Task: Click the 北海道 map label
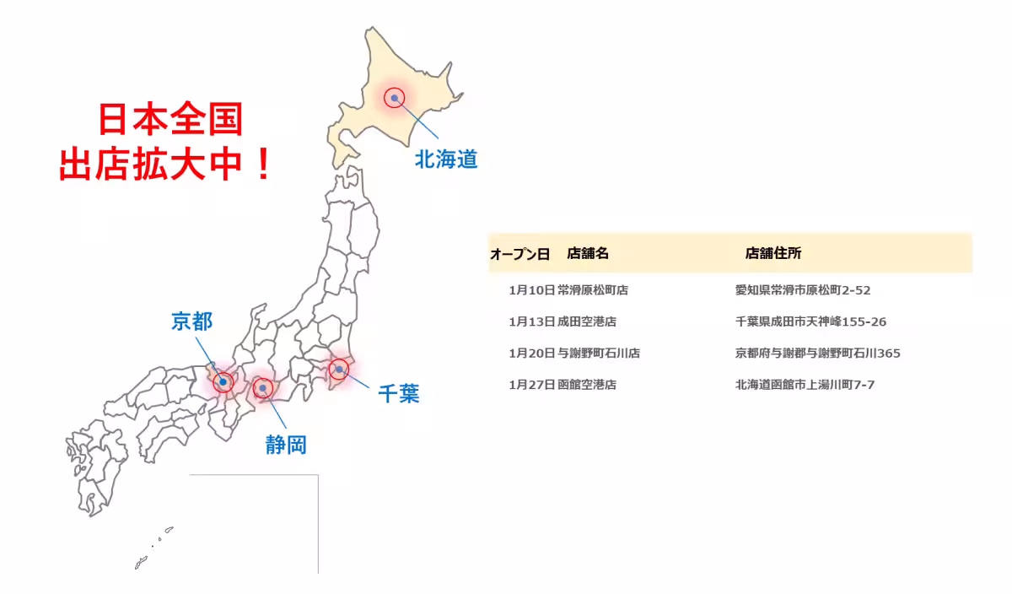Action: coord(446,159)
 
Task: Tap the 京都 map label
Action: coord(192,321)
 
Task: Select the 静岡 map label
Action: coord(286,445)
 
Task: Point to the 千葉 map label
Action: coord(398,393)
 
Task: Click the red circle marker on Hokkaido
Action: coord(394,98)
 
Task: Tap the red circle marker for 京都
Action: coord(223,381)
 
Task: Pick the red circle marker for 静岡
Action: coord(263,388)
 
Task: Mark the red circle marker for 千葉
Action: coord(338,369)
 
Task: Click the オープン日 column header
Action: coord(519,253)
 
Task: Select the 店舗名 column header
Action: coord(588,253)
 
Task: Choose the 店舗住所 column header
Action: coord(773,253)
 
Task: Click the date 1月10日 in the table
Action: coord(531,290)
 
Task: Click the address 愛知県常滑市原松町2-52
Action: coord(803,290)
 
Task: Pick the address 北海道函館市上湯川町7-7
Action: coord(805,385)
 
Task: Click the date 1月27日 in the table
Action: coord(531,385)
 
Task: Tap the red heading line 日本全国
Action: coord(170,121)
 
